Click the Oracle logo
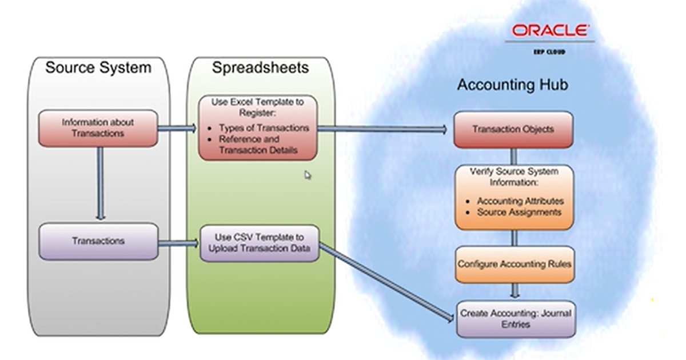549,30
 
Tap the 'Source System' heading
98,67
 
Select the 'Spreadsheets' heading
260,67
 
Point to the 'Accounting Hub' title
512,85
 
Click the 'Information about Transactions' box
98,128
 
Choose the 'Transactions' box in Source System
98,241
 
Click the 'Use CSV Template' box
259,243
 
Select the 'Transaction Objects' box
513,130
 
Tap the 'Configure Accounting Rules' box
514,265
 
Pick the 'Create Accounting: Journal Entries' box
515,319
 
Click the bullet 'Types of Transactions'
264,128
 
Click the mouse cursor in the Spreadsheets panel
308,175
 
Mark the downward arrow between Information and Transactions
100,183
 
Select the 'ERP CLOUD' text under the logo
549,51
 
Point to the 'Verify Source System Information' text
514,177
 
